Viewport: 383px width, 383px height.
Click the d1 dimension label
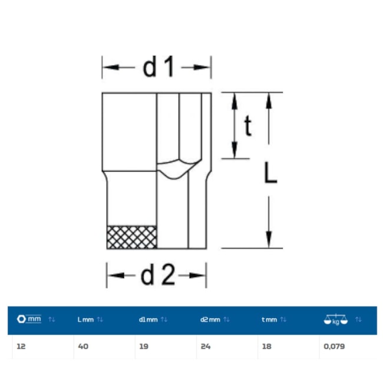click(159, 67)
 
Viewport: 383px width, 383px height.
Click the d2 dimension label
click(158, 275)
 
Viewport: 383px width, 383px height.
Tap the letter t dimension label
click(248, 126)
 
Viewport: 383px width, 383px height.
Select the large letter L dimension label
click(270, 173)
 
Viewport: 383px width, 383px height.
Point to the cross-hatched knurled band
click(131, 237)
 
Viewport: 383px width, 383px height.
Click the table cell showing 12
click(21, 346)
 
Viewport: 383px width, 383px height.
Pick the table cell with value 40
click(83, 346)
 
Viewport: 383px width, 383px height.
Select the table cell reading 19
click(144, 346)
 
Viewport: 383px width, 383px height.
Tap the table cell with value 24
click(206, 346)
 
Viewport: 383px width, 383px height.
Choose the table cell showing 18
click(267, 346)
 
